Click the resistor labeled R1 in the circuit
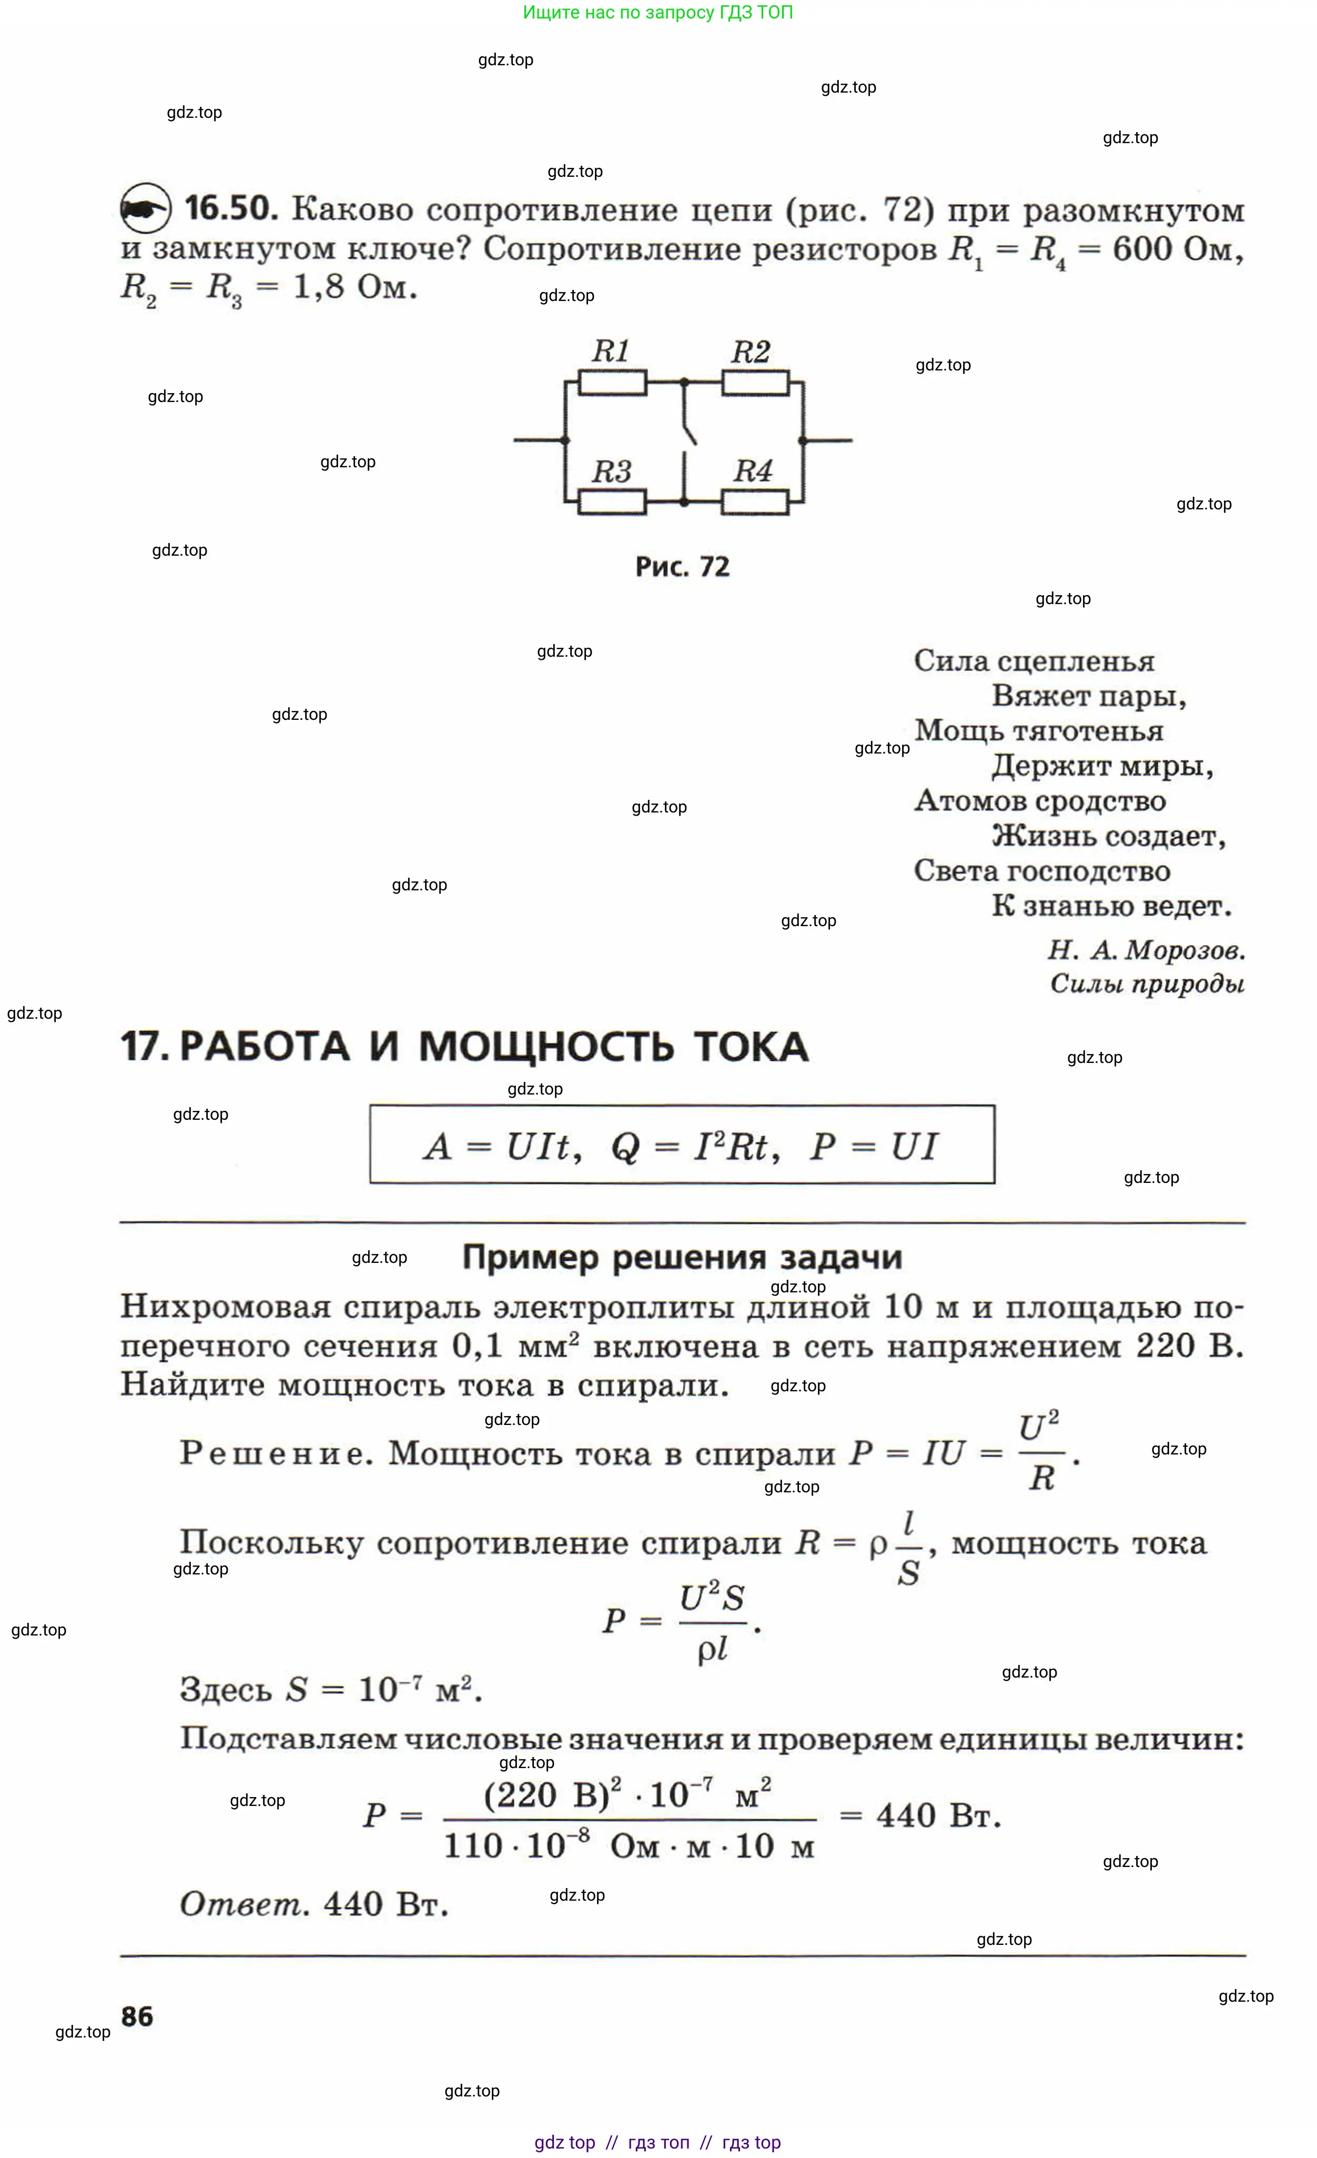tap(612, 383)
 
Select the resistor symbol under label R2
tap(755, 383)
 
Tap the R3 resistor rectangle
tap(612, 502)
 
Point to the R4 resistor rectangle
tap(755, 502)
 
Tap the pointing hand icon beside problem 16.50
tap(145, 208)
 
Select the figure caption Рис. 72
tap(682, 567)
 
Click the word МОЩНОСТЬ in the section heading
tap(546, 1047)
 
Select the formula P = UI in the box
tap(874, 1146)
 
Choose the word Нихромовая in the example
tap(226, 1307)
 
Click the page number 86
tap(137, 2016)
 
